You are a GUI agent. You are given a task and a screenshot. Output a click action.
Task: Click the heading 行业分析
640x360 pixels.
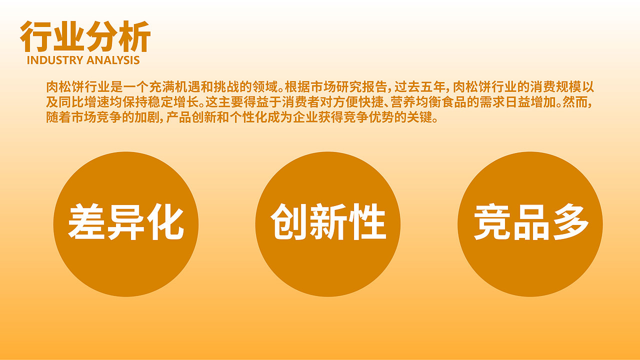(x=85, y=37)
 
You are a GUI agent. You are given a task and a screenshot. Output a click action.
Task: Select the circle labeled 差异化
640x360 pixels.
(x=126, y=223)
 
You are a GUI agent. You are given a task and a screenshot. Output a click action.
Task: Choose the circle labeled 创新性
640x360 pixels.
(x=328, y=223)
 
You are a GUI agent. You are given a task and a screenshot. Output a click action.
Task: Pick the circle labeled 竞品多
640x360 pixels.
(x=530, y=223)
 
